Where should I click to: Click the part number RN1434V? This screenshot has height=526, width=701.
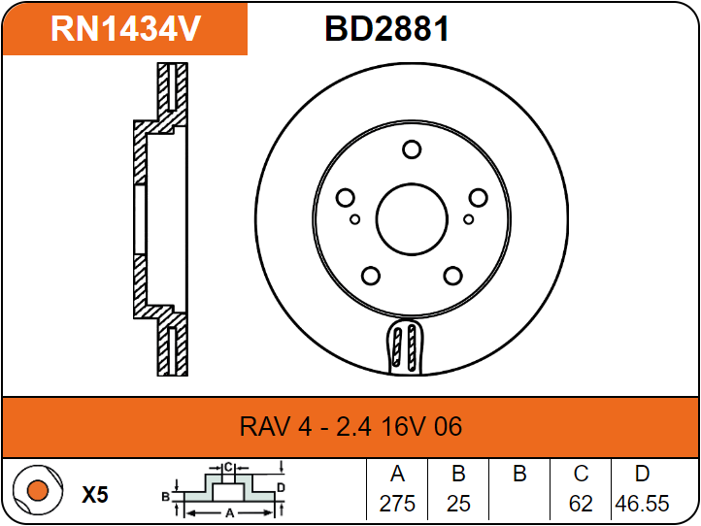[125, 29]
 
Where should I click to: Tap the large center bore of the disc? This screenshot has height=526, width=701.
[410, 217]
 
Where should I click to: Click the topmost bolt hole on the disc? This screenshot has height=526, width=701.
[411, 149]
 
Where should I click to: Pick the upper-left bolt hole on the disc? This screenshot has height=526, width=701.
[345, 199]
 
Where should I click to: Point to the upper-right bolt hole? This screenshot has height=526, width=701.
[478, 198]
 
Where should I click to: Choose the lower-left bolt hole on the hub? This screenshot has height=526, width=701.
[370, 276]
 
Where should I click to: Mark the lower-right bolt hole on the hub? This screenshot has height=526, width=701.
[451, 276]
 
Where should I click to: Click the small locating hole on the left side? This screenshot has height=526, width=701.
[355, 219]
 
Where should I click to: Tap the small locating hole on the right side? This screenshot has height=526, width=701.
[469, 219]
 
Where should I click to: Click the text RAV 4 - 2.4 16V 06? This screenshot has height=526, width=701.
[350, 426]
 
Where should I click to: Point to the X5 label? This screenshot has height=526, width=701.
[94, 495]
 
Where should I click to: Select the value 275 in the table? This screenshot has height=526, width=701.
[397, 505]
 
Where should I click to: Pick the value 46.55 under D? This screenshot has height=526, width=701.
[642, 505]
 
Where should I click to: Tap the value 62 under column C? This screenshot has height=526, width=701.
[581, 505]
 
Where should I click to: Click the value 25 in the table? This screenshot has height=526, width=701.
[458, 505]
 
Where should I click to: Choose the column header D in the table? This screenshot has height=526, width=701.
[642, 475]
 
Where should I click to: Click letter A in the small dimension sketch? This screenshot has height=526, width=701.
[229, 510]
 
